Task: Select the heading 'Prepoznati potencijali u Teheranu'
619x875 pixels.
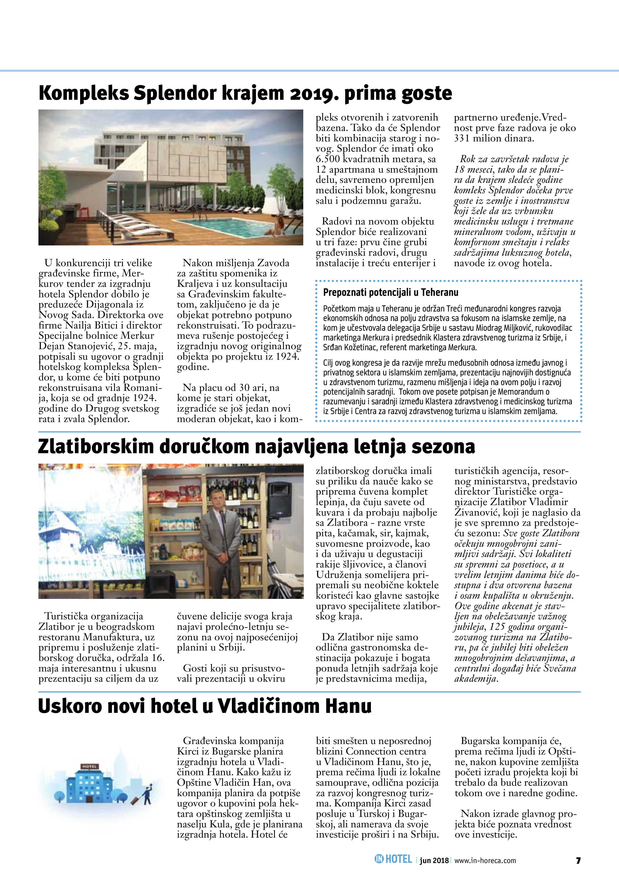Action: pyautogui.click(x=391, y=293)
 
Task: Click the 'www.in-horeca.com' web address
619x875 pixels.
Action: pyautogui.click(x=485, y=861)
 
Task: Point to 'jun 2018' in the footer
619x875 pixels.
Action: pyautogui.click(x=434, y=861)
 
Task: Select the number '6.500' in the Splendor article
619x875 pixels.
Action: pyautogui.click(x=328, y=159)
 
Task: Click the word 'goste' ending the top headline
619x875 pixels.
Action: pyautogui.click(x=425, y=93)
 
